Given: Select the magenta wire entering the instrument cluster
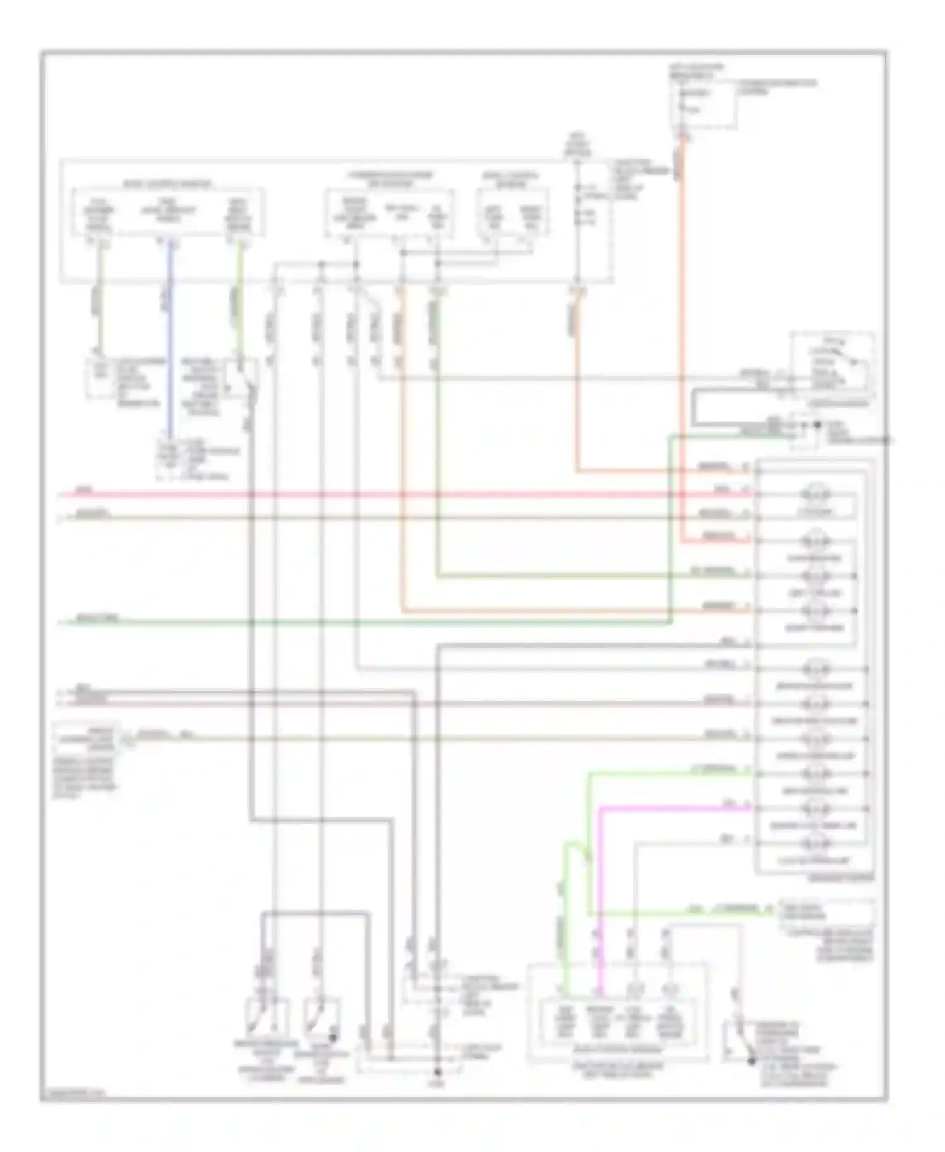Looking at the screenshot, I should [x=674, y=808].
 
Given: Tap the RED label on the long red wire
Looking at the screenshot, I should [x=82, y=489].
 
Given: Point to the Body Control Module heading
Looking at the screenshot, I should [x=167, y=185].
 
